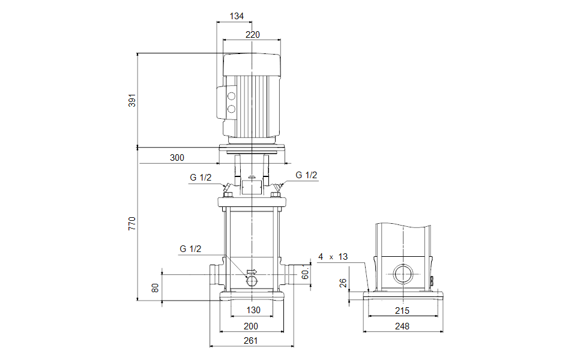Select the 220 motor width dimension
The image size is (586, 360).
253,35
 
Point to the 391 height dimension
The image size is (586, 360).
133,100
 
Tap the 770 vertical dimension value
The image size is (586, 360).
133,223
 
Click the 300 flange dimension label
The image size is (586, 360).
177,158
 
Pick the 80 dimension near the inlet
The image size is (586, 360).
156,288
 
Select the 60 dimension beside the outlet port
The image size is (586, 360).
305,274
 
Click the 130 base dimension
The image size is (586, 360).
253,310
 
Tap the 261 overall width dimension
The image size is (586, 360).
250,341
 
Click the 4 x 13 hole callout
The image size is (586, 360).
333,257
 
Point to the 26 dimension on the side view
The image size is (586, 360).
343,282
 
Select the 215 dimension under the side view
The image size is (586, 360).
402,310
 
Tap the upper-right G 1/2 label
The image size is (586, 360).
306,175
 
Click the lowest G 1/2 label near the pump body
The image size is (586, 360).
190,248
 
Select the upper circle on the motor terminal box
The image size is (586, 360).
231,96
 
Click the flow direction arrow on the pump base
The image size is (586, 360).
251,271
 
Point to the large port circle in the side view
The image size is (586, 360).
402,275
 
